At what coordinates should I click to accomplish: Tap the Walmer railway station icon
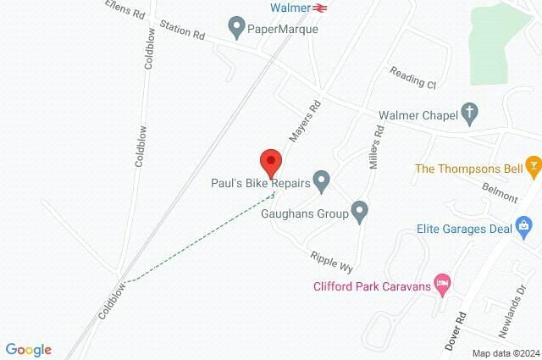319,8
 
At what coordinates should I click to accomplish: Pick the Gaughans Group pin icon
360,212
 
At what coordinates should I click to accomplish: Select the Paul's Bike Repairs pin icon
321,180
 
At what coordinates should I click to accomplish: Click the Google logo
29,350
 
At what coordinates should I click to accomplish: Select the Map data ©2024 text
506,353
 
